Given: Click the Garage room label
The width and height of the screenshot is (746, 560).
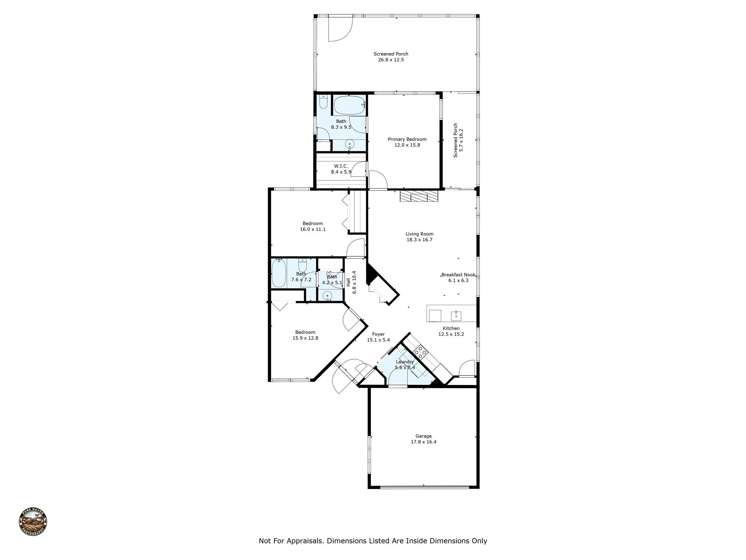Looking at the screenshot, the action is point(424,436).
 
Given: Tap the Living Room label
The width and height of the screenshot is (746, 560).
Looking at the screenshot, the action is point(420,234).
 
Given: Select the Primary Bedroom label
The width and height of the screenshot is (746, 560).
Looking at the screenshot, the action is point(407,139).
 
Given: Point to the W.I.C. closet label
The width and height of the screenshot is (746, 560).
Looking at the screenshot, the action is point(341,166).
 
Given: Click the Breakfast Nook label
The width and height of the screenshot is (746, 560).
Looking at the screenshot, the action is point(459,275).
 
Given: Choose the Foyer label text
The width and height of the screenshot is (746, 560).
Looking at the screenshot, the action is point(378,334).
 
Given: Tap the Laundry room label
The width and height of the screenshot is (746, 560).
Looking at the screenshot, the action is point(405,362).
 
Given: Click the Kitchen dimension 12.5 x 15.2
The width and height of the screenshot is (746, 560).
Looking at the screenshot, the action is point(451,334).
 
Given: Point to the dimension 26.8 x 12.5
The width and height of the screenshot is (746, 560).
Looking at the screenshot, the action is point(391,60).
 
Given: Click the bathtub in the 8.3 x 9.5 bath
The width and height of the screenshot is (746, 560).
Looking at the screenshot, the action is point(350,105).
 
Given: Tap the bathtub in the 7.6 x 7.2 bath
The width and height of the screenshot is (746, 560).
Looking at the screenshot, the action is point(279,273).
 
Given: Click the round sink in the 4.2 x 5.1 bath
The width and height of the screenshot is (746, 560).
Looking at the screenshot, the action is point(328,296).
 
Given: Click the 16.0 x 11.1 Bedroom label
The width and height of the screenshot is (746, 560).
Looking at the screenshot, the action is point(313,226).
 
